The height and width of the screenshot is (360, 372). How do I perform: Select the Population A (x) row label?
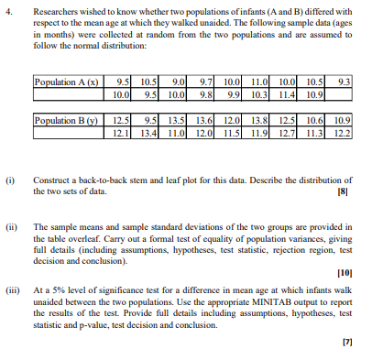(67, 82)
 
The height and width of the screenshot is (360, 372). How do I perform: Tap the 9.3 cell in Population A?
(342, 82)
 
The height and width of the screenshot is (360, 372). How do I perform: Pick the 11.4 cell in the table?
(288, 93)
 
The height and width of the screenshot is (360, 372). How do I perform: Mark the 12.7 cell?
(288, 133)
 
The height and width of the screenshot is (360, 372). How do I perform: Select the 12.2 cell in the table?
(342, 133)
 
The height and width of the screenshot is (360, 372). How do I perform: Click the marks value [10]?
(343, 273)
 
